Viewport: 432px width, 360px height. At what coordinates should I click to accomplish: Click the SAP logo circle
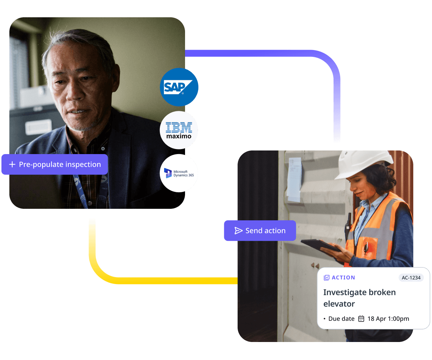click(179, 87)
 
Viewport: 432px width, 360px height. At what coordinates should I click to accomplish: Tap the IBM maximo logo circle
click(179, 130)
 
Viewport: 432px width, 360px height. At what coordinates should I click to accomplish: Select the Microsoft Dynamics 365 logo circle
click(179, 173)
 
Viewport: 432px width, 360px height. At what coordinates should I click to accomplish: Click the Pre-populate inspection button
click(55, 165)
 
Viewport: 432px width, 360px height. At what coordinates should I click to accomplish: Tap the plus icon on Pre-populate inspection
click(12, 165)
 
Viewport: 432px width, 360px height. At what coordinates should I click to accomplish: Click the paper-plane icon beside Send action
click(238, 231)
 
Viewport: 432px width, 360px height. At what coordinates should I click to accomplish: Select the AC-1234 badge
click(411, 278)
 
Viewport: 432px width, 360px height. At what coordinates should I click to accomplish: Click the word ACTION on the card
click(343, 278)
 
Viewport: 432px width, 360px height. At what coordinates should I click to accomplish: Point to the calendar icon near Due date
click(361, 319)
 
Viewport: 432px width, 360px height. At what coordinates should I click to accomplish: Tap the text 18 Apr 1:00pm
click(388, 319)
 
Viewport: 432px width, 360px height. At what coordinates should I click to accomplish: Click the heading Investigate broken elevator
click(359, 298)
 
